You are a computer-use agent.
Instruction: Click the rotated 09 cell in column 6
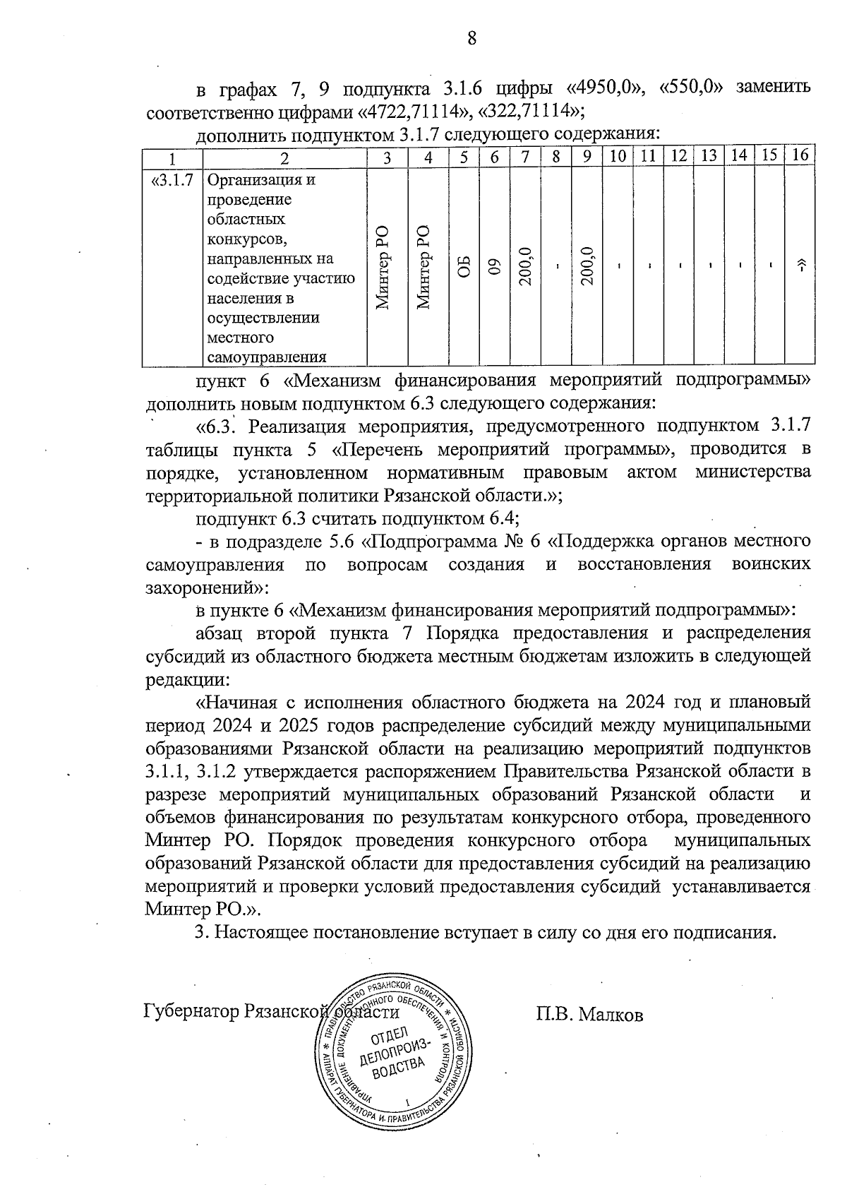(495, 268)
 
